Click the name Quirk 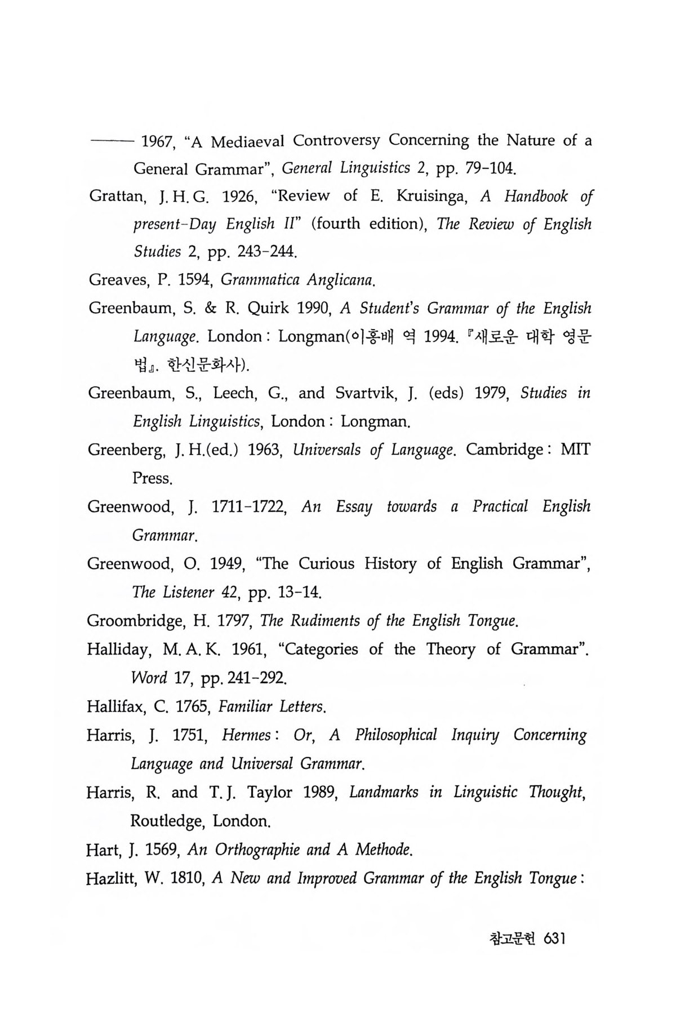[x=269, y=309]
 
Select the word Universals [x=327, y=450]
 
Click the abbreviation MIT [x=576, y=450]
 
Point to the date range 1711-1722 [x=250, y=506]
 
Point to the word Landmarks [x=384, y=792]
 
